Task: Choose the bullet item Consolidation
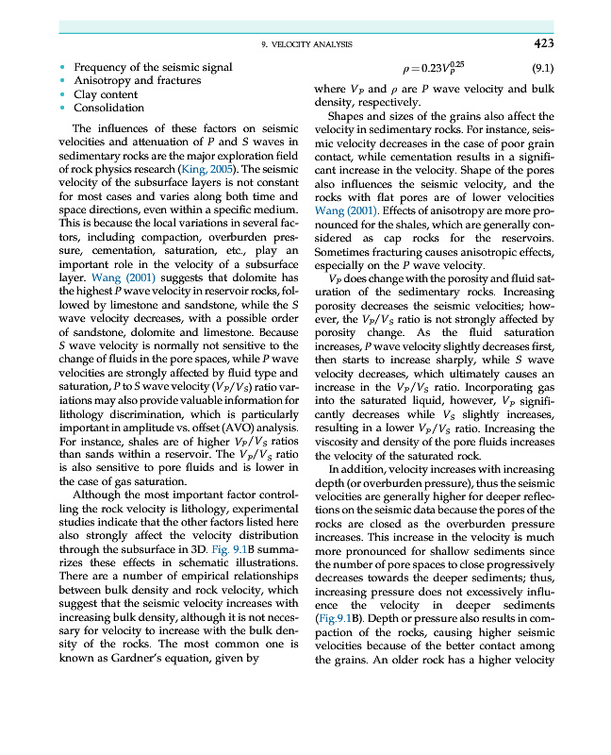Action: click(108, 108)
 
